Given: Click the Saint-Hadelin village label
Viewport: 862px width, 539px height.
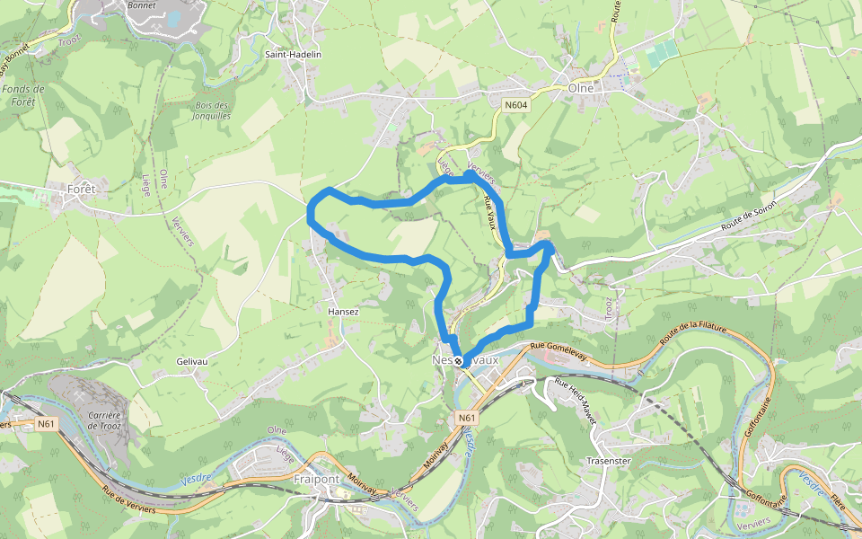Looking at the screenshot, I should pos(293,55).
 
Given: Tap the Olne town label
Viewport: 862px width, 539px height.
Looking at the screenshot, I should pos(584,88).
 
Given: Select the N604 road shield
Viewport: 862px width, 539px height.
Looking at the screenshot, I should pos(515,105).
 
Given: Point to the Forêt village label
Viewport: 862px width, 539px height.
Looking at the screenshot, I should pos(82,189).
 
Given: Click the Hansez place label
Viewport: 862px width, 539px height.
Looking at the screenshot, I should pos(344,312).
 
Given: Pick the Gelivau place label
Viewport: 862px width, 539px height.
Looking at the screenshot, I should pos(192,361).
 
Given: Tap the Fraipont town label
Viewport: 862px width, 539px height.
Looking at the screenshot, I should pos(316,479).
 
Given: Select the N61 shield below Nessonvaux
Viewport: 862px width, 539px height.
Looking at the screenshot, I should pos(466,418).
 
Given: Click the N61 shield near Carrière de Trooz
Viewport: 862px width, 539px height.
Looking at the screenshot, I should pos(47,422).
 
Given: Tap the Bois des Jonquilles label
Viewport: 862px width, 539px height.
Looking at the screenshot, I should pos(213,110).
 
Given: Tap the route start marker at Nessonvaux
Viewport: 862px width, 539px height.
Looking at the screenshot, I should pos(459,361).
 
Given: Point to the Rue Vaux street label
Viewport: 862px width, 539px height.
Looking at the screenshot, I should pos(490,213).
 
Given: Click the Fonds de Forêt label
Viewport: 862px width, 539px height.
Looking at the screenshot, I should pos(23,95).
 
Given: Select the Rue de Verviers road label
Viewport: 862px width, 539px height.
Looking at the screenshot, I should pos(131,499).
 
